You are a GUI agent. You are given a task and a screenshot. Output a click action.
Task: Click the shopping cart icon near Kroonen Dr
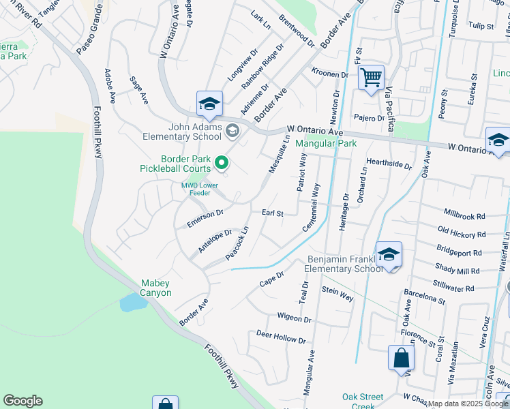pos(371,77)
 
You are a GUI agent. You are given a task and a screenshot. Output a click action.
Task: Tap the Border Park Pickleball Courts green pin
pos(222,162)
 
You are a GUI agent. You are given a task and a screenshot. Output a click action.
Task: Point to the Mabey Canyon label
pos(155,288)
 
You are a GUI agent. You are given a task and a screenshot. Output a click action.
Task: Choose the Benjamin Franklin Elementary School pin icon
pos(389,255)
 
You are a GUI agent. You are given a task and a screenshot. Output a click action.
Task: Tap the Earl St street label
pos(272,213)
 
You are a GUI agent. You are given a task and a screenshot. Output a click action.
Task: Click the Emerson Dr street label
pos(205,218)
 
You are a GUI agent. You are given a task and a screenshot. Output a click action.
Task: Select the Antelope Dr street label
pos(215,241)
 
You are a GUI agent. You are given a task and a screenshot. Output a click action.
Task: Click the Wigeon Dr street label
pos(294,318)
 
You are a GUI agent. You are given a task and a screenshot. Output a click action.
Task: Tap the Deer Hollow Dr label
pos(281,337)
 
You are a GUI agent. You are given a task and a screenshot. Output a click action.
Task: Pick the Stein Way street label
pos(337,294)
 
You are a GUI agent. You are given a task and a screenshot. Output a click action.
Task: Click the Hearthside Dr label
pos(389,164)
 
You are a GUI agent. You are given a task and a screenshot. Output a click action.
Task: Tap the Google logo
pos(22,401)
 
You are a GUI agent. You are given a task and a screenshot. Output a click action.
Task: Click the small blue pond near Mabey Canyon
pos(130,303)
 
